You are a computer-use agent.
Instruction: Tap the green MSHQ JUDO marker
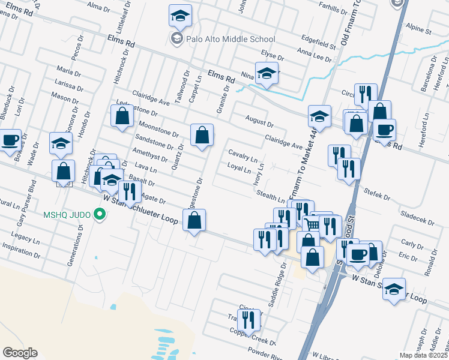pos(101,214)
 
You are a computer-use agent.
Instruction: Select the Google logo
pos(20,353)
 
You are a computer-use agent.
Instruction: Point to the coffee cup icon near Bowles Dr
pos(10,140)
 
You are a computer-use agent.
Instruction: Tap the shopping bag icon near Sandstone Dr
pos(202,135)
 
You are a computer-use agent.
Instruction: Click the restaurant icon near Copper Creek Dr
pos(249,321)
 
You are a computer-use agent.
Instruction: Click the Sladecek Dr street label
pos(418,218)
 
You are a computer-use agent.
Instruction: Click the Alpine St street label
pos(419,28)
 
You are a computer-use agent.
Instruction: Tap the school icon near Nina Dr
pos(267,73)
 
